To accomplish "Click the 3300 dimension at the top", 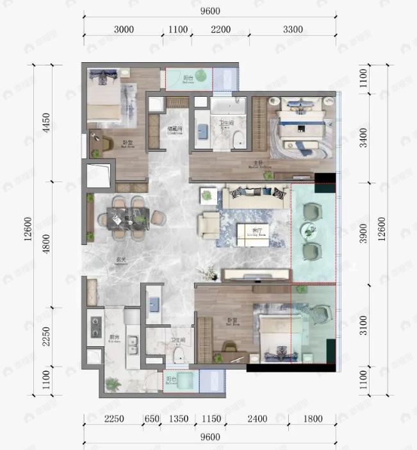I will [x=301, y=29].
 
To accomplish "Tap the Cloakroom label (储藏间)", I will [x=176, y=130].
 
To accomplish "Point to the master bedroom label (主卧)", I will [x=258, y=165].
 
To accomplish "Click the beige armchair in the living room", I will [x=209, y=224].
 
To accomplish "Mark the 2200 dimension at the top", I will [x=220, y=29].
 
